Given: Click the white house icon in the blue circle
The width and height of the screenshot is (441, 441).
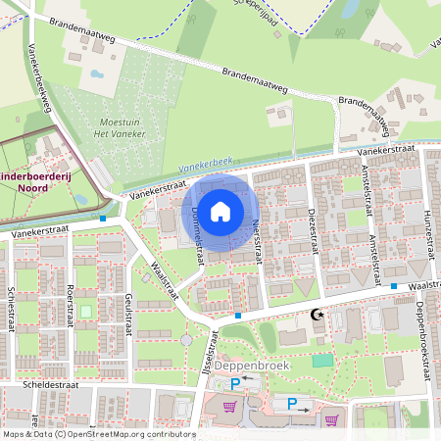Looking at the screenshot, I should (220, 211).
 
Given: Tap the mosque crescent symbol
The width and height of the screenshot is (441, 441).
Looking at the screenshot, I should (316, 316).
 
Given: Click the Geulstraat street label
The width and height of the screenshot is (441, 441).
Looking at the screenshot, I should (128, 315).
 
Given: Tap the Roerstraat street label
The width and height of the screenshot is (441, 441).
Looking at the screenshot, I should (70, 305).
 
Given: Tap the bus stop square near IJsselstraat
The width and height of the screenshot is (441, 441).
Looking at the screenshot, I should (238, 316).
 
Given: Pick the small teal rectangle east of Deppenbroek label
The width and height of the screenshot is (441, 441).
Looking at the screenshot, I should (320, 361).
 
